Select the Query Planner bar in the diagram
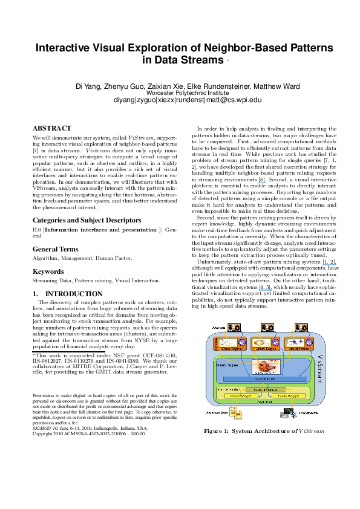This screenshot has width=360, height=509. [x=263, y=379]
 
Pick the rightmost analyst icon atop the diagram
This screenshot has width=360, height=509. [x=301, y=327]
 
